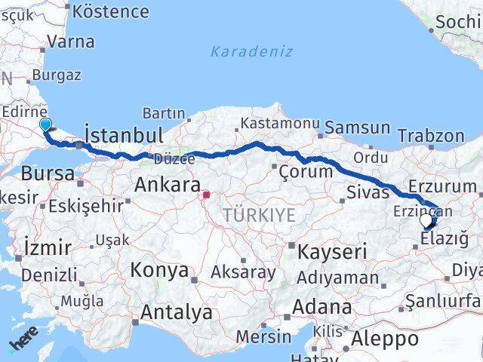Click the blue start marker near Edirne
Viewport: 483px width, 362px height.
(x=45, y=125)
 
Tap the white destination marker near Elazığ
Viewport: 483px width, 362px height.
(x=426, y=221)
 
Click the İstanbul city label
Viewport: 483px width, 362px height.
(x=124, y=136)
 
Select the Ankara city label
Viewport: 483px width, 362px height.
(x=167, y=185)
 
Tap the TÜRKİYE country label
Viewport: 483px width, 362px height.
(x=259, y=216)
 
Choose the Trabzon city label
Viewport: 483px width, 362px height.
(x=431, y=136)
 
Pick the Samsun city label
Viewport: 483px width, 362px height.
(x=357, y=127)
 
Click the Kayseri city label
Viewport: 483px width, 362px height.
(x=332, y=251)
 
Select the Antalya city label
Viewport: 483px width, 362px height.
(x=177, y=311)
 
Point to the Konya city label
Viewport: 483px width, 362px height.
(x=158, y=270)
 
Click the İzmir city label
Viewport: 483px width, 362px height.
(x=48, y=247)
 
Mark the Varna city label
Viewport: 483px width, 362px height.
(x=71, y=41)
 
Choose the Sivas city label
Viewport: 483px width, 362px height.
(x=368, y=192)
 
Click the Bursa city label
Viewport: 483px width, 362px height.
(x=48, y=173)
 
